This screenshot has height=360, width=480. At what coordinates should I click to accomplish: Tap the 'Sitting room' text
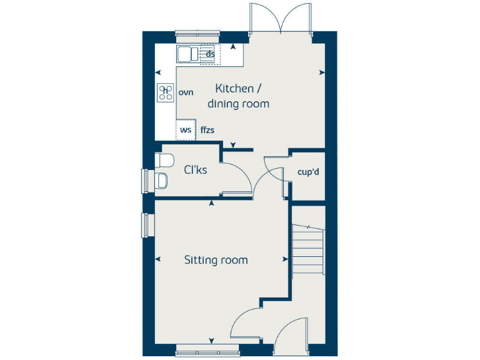(216, 260)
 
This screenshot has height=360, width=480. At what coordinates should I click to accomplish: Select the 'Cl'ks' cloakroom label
(195, 169)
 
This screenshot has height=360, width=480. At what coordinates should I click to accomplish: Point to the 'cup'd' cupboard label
(308, 171)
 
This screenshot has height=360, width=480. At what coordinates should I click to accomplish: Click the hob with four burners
(166, 93)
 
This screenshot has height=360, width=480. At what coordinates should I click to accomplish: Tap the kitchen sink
(185, 54)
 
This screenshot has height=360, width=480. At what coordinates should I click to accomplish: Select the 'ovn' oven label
(186, 92)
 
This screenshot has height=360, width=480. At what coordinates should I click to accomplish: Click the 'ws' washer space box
(186, 130)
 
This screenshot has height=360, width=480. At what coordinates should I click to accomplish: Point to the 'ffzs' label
(207, 130)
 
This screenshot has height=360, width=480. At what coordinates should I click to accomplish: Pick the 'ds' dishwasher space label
(211, 54)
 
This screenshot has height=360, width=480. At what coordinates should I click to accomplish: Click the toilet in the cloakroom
(164, 160)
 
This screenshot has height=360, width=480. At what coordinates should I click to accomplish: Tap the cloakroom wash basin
(161, 181)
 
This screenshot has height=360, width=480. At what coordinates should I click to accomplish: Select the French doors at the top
(281, 19)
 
